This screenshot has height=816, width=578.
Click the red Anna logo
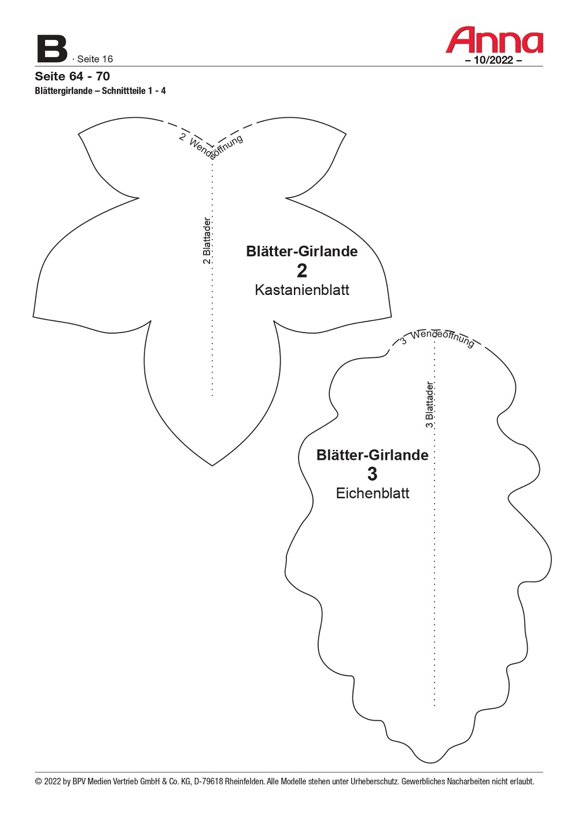pos(494,40)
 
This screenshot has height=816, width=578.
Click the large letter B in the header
pos(52,49)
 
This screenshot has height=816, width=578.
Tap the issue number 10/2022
pos(494,60)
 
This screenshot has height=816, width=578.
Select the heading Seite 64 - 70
pos(72,76)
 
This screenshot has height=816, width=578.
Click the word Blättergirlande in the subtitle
pos(64,91)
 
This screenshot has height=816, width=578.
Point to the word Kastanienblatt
pos(302,290)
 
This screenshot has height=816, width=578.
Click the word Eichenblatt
pos(373,493)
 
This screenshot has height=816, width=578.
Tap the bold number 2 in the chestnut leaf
pos(302,271)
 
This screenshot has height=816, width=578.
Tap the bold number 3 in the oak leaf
pos(372,474)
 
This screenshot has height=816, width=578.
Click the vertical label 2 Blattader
pos(207,241)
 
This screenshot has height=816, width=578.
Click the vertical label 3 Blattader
pos(429,404)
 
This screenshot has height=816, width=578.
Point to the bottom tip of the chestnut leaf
pos(212,466)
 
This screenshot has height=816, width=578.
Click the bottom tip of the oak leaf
pos(430,762)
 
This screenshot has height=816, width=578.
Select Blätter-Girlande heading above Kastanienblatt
pos(302,252)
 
